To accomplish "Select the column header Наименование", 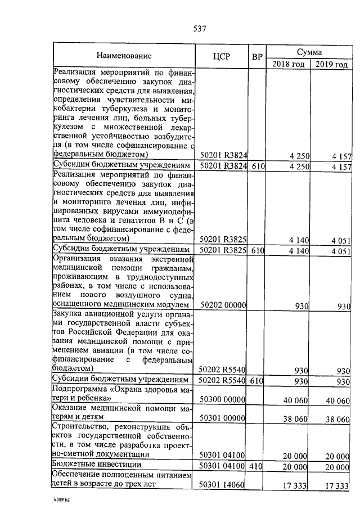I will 124,56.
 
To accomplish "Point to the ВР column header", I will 257,57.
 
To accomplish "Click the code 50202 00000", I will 223,305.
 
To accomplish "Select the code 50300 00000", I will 223,399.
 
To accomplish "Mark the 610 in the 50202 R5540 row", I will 257,381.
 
